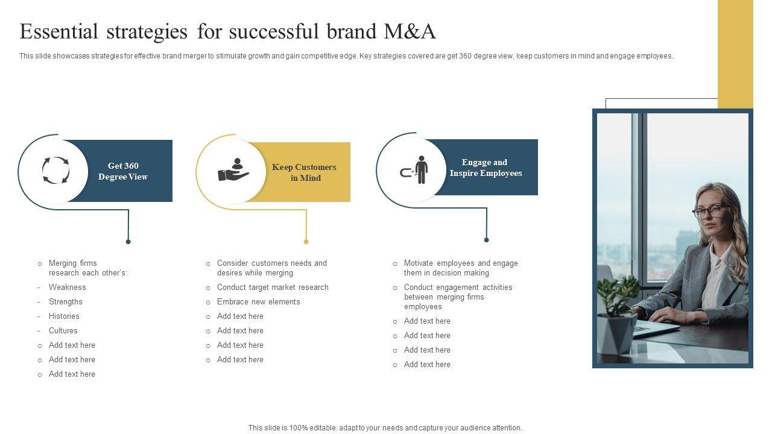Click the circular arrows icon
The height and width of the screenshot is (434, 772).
(55, 171)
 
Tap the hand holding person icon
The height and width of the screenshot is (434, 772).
(233, 171)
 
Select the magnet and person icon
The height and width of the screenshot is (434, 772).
(414, 170)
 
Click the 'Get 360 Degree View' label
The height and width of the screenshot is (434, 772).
(123, 171)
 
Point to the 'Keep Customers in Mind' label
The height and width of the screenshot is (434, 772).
(304, 172)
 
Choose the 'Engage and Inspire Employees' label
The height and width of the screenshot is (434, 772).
(486, 168)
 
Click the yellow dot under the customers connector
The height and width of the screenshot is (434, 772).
(306, 242)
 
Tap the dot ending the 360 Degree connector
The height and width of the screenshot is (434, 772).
(128, 242)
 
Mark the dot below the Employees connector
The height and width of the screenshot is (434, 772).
(487, 240)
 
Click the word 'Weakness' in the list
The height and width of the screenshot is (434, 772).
(68, 288)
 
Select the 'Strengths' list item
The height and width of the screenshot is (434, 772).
(66, 302)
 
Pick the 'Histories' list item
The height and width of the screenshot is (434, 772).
(64, 316)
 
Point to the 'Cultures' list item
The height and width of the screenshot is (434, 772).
(63, 331)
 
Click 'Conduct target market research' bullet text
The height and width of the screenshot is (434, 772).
(273, 288)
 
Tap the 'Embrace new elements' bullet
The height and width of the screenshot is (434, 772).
(258, 302)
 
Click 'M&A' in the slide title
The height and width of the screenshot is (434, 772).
(410, 31)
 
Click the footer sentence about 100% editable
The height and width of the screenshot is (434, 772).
(385, 428)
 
